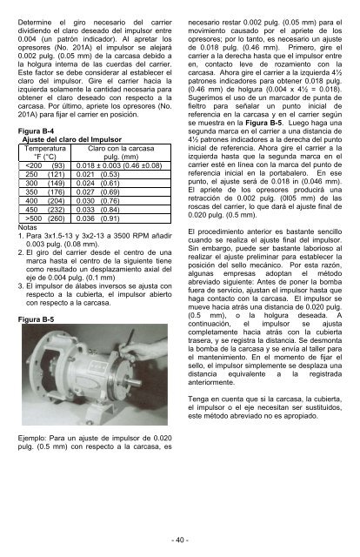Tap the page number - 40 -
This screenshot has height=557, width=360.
pyautogui.click(x=180, y=540)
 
